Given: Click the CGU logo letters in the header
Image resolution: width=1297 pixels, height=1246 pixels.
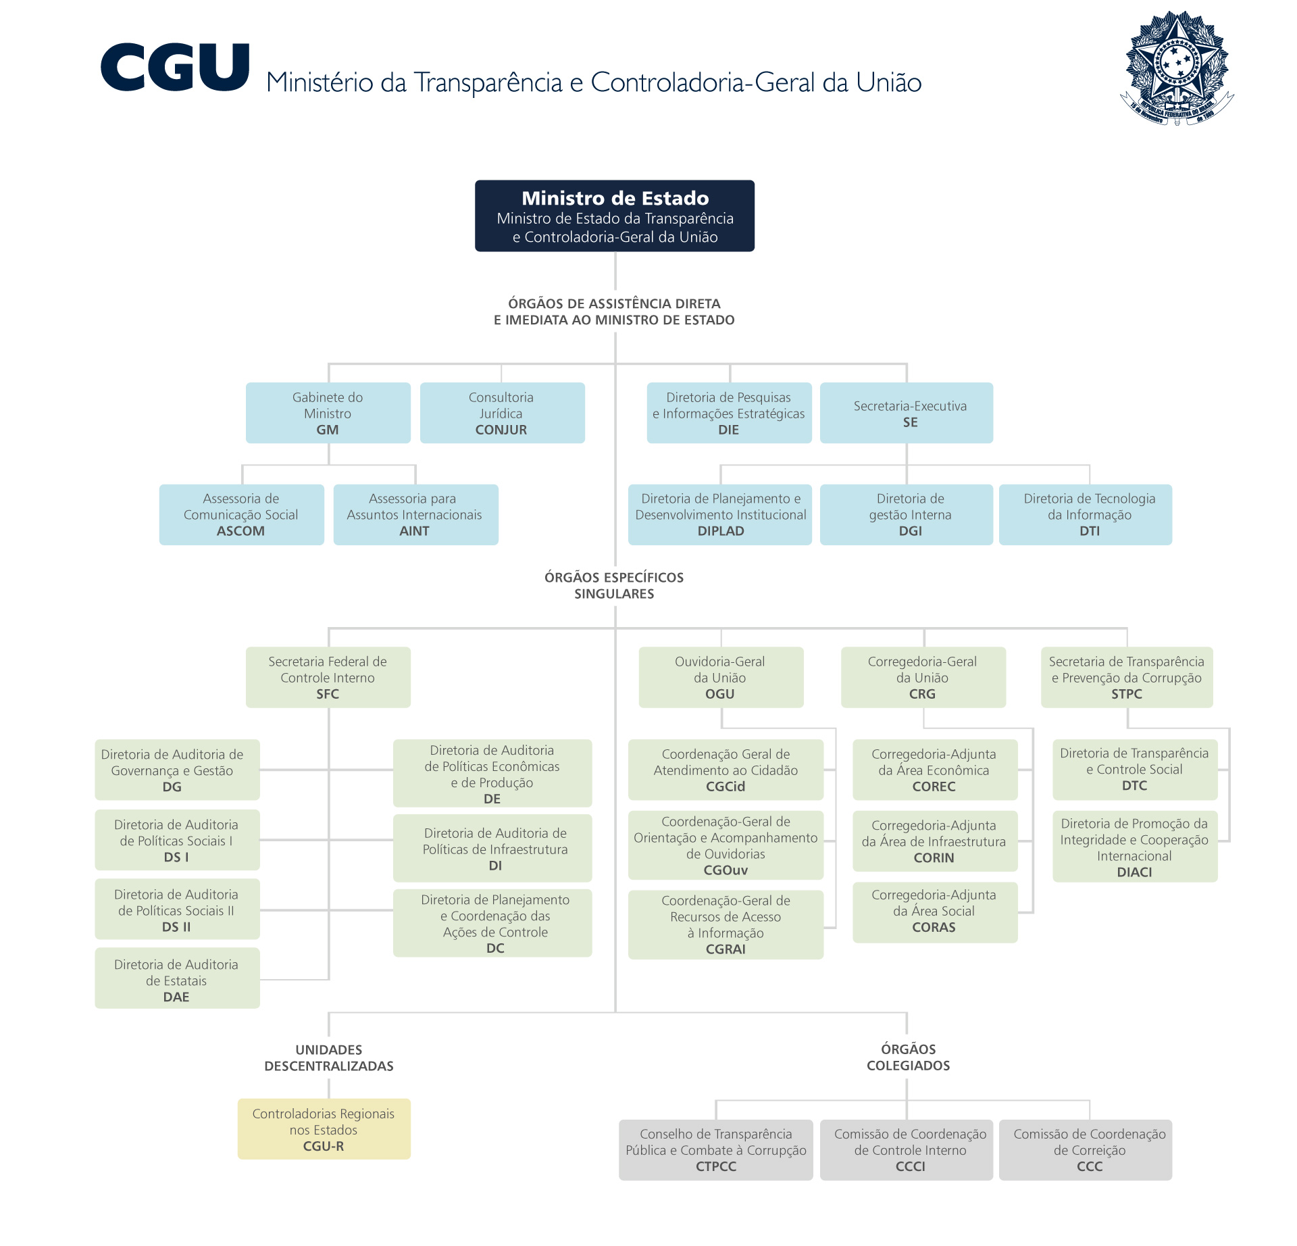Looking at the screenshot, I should (175, 67).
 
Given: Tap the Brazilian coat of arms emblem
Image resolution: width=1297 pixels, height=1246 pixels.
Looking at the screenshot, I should (1177, 68).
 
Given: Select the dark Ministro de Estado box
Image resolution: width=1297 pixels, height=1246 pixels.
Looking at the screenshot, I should (615, 216).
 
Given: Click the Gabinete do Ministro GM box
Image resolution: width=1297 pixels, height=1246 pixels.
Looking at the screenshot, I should (328, 413).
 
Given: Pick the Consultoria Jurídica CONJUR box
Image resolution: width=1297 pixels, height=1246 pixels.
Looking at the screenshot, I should (502, 413).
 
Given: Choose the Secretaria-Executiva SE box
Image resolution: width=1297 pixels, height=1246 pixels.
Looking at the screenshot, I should (907, 413).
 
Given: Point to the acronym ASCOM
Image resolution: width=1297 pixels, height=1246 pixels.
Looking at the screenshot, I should (240, 531).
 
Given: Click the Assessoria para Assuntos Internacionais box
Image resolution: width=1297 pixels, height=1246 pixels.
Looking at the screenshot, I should (415, 514).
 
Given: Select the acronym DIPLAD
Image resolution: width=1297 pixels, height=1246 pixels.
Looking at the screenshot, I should (721, 531).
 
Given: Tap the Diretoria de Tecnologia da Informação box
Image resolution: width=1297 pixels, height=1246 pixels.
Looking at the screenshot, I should (1086, 514).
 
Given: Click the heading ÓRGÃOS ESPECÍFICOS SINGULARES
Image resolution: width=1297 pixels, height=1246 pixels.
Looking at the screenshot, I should (614, 585).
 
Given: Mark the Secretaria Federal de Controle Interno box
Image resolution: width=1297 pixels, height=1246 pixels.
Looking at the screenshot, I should (328, 677).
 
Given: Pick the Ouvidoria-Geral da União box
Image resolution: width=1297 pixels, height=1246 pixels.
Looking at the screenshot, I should (721, 677).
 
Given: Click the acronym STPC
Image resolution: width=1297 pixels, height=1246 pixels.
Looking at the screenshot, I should (1127, 694).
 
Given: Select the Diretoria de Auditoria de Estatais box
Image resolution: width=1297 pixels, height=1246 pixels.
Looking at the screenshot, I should (177, 978).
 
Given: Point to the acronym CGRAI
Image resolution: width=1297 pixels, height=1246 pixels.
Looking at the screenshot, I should (726, 949).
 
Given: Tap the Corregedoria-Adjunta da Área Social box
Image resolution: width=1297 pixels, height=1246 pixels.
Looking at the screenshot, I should (935, 912).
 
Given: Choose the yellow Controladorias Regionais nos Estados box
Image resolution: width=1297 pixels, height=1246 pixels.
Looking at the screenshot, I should (324, 1129).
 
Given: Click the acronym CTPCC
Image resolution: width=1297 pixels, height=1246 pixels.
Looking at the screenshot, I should (716, 1166).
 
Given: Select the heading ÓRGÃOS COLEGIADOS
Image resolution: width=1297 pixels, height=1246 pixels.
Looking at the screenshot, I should (908, 1057).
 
